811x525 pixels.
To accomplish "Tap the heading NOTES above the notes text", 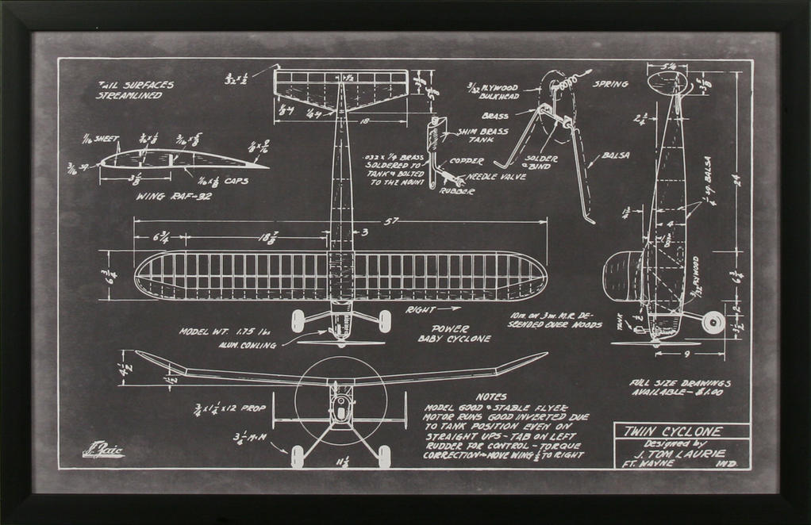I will (x=490, y=396).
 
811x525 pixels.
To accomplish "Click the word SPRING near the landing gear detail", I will (x=611, y=83).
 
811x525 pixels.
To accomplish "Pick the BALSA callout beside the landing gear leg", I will (x=616, y=155).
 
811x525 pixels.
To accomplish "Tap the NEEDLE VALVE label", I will (x=496, y=176).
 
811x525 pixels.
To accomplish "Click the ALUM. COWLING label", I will (x=248, y=345).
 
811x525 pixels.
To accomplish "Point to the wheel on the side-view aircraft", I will (x=714, y=321).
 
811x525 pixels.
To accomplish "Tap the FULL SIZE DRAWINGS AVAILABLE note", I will (x=679, y=387).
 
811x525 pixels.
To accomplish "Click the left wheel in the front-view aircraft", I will (x=298, y=456).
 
